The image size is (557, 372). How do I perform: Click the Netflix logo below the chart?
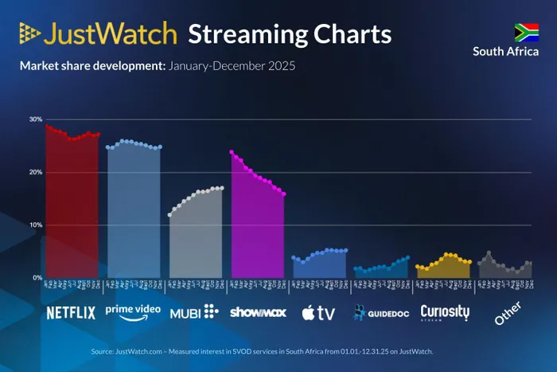coord(71,312)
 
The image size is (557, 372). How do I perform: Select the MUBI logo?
coord(193,311)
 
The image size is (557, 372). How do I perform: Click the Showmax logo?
coord(257,311)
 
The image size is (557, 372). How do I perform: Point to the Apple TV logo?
coord(318,312)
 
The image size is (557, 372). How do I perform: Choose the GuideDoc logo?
coord(382,312)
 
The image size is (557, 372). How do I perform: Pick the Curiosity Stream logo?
coord(445,311)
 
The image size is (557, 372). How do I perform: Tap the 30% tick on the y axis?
coord(36,119)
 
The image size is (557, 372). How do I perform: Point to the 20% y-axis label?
coord(36,172)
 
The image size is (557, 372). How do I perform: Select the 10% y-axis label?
coord(36,225)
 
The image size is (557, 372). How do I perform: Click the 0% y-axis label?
coord(37,277)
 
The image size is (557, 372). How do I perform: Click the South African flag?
coord(526,32)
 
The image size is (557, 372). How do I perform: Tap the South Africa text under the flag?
coord(505,52)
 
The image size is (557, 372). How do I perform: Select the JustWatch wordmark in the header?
coord(97,34)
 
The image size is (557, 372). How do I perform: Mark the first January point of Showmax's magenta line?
coord(232,151)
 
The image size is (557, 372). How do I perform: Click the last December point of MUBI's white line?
coord(223,188)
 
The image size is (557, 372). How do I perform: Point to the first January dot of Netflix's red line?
coord(47,126)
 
